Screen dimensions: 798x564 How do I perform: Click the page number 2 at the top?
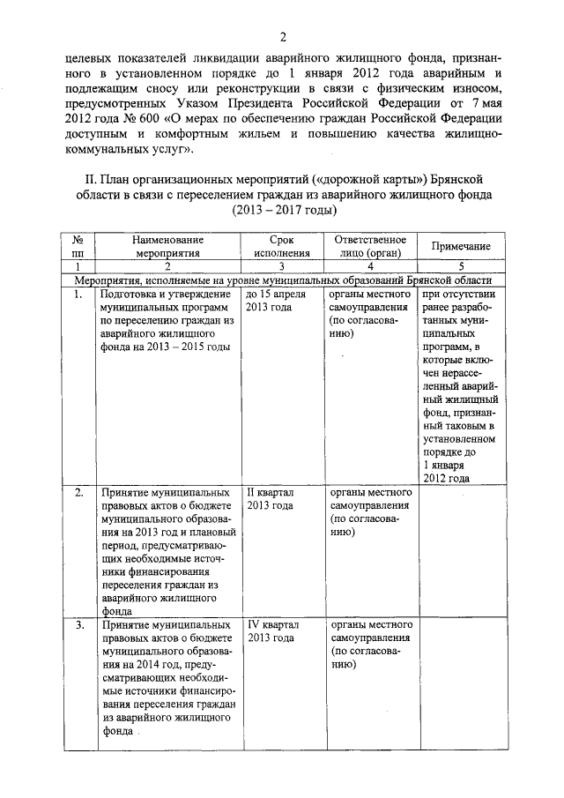click(284, 36)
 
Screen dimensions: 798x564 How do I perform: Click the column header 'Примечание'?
click(459, 247)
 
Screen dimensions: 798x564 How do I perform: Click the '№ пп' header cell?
click(78, 246)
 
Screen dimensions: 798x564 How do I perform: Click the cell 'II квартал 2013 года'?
click(271, 498)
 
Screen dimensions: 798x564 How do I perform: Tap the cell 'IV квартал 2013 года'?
click(272, 630)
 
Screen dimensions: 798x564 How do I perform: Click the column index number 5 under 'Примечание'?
click(459, 266)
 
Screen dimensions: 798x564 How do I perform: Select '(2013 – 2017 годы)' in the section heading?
click(284, 212)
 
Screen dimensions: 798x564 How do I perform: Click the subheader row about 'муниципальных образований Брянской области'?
click(283, 280)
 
